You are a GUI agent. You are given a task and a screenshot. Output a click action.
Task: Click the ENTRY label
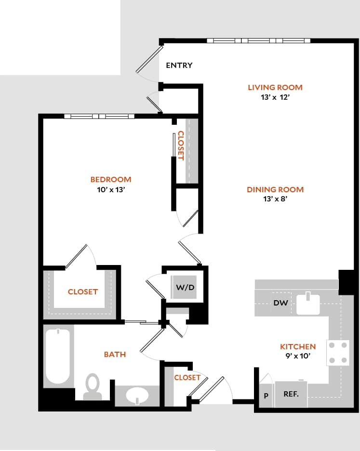179,66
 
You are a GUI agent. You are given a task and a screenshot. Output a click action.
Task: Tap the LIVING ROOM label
275,87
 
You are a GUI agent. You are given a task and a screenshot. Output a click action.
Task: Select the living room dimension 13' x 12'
275,97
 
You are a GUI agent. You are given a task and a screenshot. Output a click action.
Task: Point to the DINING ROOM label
275,189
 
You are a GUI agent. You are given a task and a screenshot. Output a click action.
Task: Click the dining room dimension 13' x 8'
275,199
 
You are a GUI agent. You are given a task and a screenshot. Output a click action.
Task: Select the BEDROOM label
111,179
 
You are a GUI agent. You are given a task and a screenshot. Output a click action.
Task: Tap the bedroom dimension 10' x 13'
111,189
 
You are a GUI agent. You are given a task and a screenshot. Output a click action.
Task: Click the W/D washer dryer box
185,288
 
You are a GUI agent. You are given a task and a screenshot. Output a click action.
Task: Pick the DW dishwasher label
280,303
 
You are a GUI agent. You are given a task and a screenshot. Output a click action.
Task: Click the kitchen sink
308,304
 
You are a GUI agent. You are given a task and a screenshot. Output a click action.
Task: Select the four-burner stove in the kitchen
338,353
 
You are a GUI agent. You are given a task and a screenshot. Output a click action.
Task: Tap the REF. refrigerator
291,394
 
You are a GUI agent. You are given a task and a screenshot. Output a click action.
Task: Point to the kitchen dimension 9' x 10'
298,356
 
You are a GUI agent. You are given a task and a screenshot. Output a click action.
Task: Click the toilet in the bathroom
92,387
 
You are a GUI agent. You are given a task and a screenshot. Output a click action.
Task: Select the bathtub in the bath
59,356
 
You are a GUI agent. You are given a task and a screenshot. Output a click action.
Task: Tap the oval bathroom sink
137,397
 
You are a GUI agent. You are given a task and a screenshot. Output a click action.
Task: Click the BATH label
115,354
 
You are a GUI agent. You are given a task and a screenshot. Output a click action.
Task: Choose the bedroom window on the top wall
99,116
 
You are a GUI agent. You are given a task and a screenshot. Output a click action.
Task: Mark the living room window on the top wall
259,40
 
